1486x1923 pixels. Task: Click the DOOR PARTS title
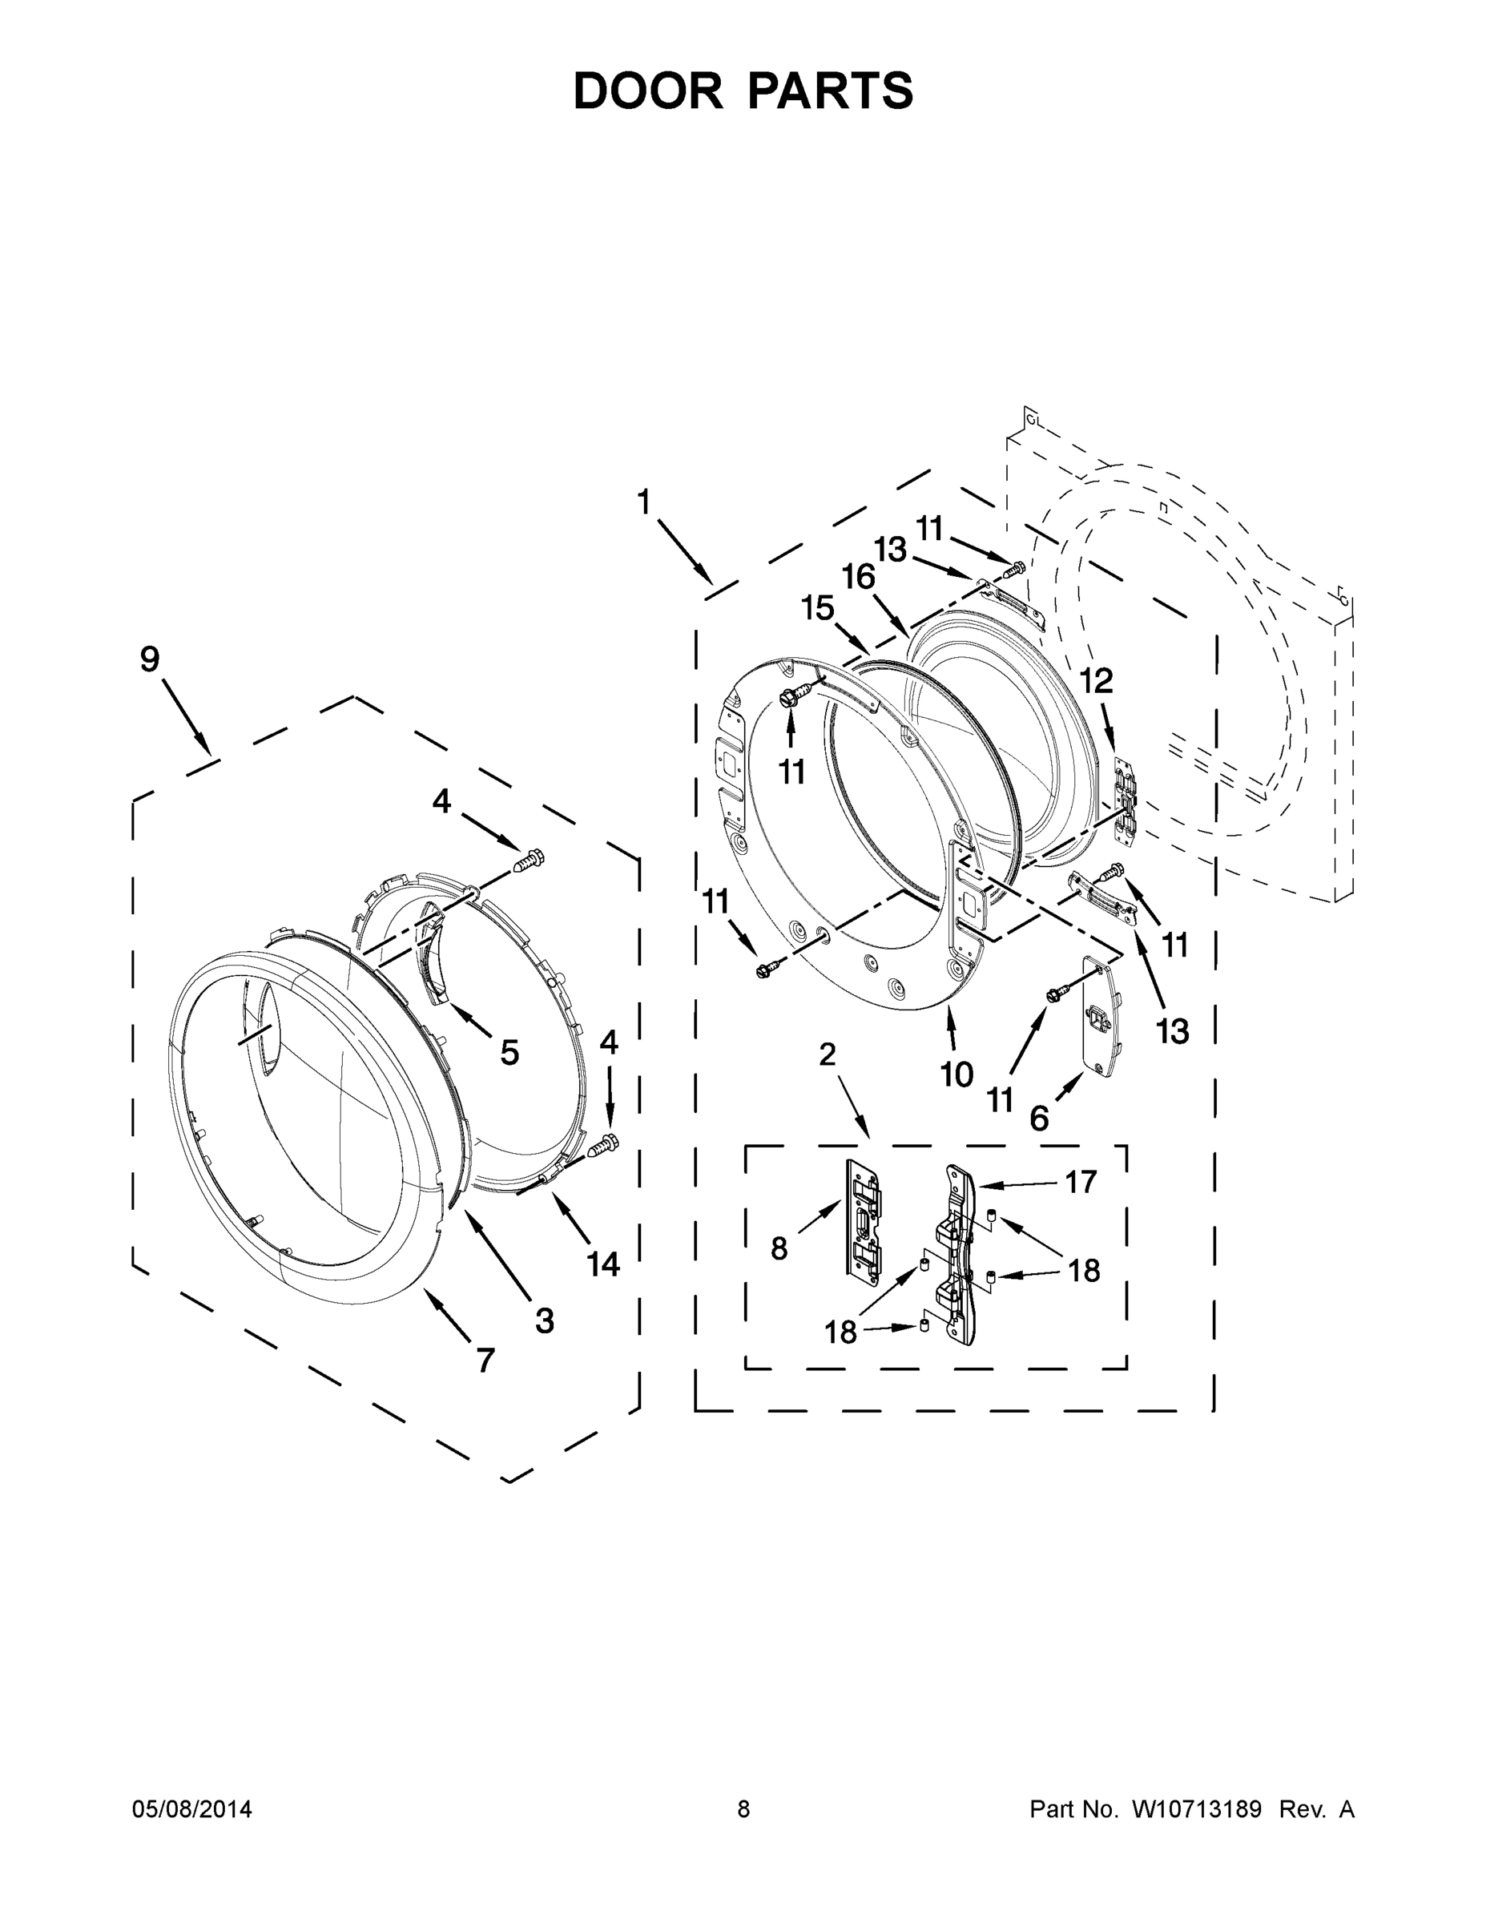tap(743, 91)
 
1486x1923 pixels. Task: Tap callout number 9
tap(150, 659)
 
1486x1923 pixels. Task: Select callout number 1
tap(643, 502)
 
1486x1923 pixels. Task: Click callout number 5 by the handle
tap(509, 1052)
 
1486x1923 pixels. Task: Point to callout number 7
tap(485, 1361)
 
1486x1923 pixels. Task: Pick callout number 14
tap(604, 1264)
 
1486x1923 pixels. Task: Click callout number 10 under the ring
tap(957, 1074)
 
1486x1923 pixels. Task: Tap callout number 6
tap(1039, 1119)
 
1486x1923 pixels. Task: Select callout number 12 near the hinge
tap(1097, 680)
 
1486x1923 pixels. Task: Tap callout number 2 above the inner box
tap(827, 1054)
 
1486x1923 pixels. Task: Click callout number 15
tap(817, 607)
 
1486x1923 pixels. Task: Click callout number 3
tap(545, 1320)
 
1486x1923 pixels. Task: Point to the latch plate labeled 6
tap(1101, 1015)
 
